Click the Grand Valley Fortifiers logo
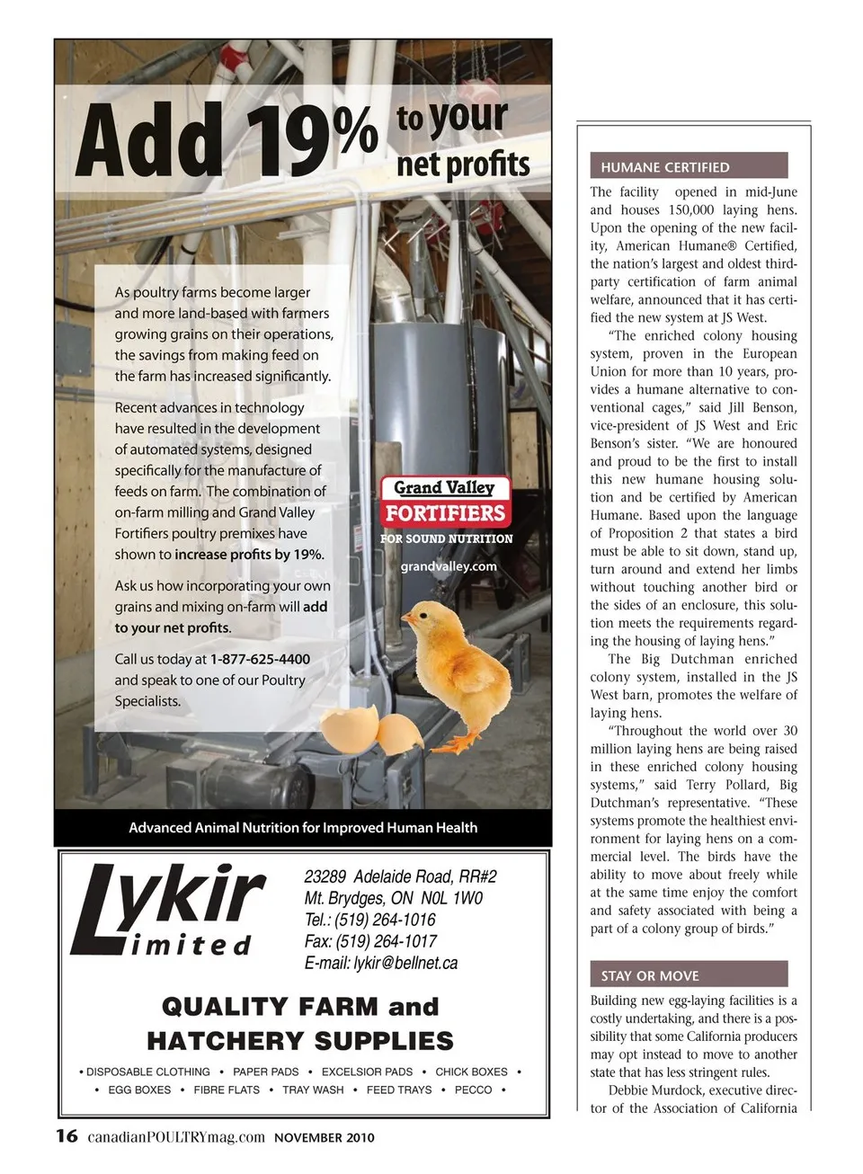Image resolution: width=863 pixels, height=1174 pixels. [446, 503]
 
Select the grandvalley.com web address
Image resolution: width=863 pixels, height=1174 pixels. [449, 566]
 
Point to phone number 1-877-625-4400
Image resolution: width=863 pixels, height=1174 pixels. [260, 659]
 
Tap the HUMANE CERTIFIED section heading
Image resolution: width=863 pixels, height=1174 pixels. [665, 167]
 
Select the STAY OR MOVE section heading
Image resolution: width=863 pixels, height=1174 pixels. [650, 975]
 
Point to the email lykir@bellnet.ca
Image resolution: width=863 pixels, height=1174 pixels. [381, 963]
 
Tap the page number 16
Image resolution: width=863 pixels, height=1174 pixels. [67, 1136]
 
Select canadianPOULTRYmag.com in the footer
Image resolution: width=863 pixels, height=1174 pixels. [176, 1137]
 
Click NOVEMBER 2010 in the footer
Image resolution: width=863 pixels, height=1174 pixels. [325, 1138]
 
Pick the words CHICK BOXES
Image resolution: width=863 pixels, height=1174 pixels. [471, 1072]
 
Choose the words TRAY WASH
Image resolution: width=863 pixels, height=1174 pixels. [313, 1090]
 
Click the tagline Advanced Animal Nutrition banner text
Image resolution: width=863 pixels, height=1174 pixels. [303, 827]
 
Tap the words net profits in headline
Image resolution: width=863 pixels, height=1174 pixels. [463, 163]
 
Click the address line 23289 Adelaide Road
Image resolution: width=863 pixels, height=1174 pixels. [400, 876]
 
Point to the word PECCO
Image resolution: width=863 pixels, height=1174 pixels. [473, 1090]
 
